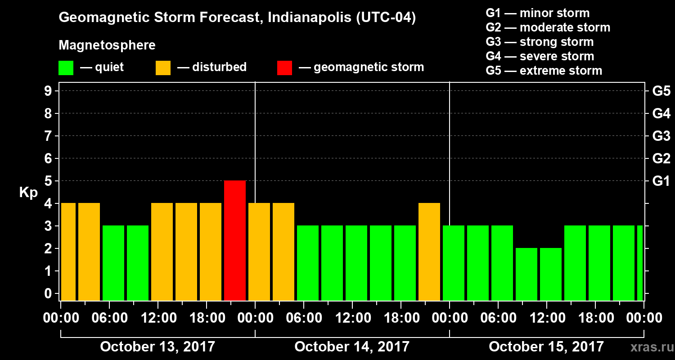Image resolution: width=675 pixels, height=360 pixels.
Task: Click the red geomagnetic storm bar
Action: point(235,240)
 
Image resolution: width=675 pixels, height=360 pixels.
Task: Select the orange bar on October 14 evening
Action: point(429,252)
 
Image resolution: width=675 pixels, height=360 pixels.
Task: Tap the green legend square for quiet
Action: point(66,68)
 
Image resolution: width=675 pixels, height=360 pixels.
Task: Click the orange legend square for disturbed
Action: point(163,68)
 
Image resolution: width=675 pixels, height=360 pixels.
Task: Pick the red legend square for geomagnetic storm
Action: point(284,68)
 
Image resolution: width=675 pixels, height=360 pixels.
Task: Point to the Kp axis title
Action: point(28,192)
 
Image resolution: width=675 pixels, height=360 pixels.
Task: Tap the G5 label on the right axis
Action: point(661,91)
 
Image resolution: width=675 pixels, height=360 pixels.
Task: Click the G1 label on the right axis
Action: point(661,181)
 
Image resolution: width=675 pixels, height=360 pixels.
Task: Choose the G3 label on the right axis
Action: point(661,136)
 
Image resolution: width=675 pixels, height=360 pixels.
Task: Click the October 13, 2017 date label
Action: point(157,346)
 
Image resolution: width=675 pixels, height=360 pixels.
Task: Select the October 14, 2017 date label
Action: point(352,346)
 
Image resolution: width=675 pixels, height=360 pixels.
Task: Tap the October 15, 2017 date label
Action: point(546,346)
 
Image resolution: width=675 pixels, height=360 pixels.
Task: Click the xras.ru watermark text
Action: point(648,347)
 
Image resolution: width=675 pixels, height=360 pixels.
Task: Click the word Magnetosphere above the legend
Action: point(107,45)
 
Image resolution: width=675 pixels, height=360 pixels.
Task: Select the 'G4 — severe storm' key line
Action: point(540,56)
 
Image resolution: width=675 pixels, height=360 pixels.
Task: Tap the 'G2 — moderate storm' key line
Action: point(548,27)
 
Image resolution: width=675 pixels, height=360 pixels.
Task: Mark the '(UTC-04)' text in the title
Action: point(385,18)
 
